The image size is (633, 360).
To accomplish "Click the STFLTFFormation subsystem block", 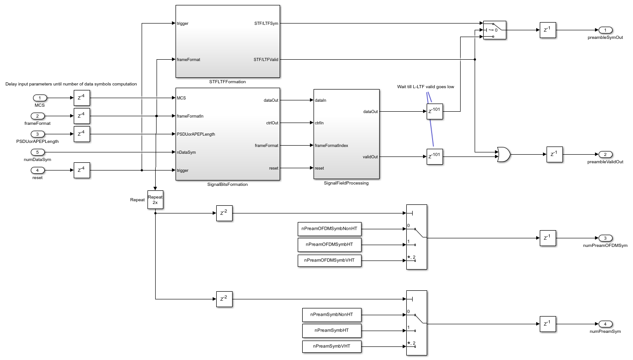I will tap(227, 41).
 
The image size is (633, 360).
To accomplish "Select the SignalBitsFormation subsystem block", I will tap(227, 134).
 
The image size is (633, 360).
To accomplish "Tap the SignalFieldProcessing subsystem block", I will tap(346, 134).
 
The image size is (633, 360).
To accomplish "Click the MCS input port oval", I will tap(40, 98).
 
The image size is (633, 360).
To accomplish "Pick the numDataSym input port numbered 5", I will tap(40, 152).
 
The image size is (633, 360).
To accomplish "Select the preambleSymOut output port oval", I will tap(605, 30).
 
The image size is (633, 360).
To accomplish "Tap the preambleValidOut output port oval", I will tap(605, 154).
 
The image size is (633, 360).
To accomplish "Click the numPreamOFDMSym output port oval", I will tap(605, 238).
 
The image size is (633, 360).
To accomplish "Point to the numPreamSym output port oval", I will tap(605, 324).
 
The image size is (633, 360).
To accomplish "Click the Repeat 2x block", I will tap(155, 199).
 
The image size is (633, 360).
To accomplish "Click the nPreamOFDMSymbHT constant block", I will tap(329, 245).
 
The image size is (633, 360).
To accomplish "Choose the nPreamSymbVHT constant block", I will tap(332, 347).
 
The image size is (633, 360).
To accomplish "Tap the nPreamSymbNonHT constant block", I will tap(332, 314).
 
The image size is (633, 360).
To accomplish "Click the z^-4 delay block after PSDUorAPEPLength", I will tap(81, 134).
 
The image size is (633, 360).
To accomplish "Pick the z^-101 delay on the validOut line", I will tap(434, 156).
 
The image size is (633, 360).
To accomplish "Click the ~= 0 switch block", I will tap(495, 30).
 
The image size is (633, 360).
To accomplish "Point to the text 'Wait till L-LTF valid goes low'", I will tap(425, 87).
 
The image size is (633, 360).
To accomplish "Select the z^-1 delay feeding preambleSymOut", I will tap(547, 30).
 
